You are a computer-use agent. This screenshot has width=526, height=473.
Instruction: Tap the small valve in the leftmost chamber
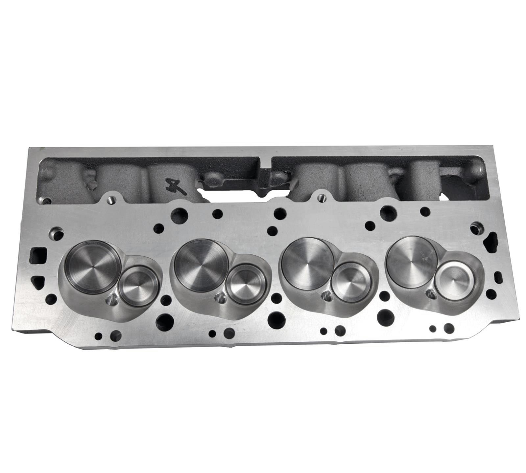tap(135, 283)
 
